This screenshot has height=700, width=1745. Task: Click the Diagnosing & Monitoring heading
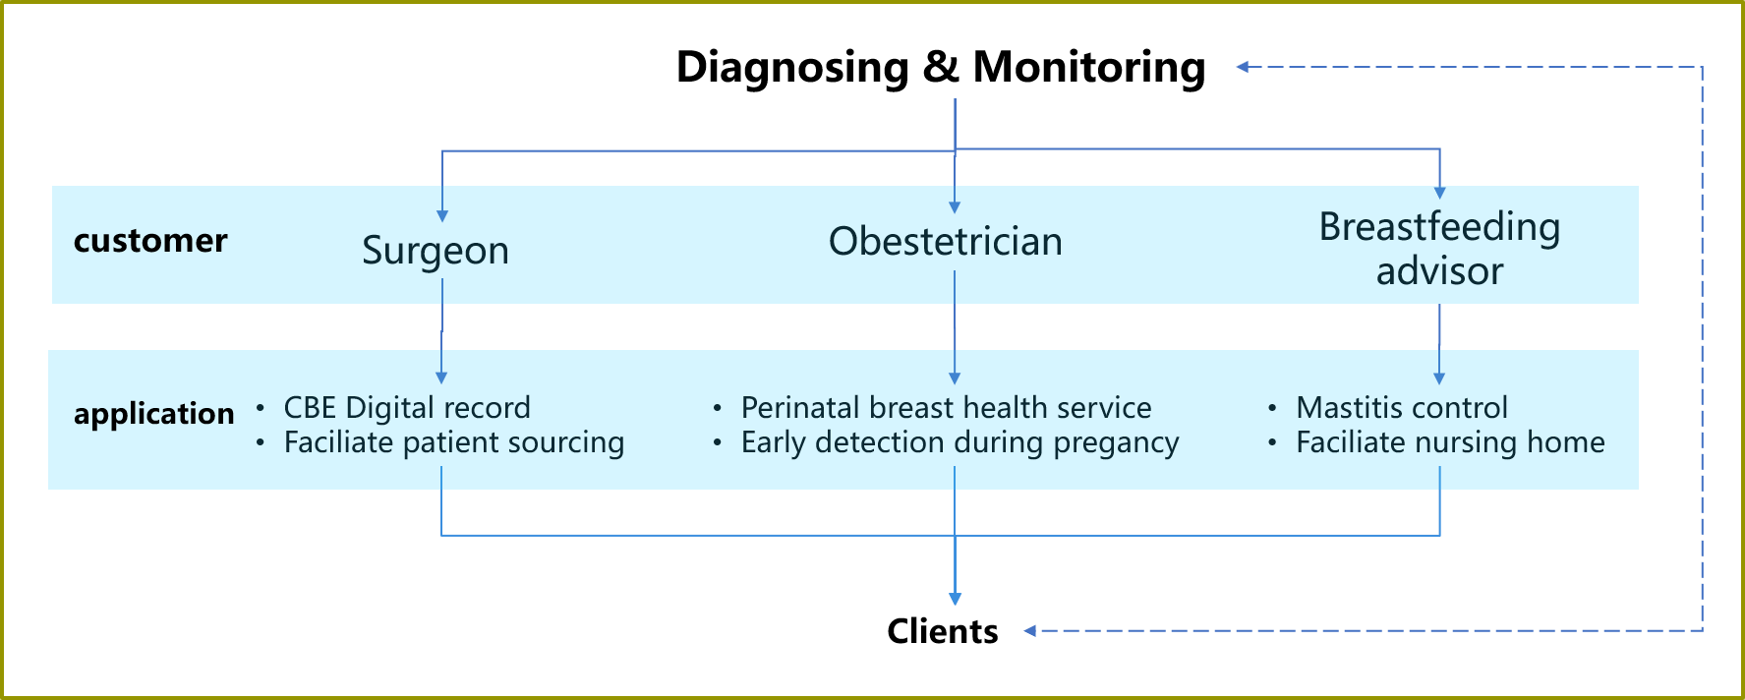(x=941, y=68)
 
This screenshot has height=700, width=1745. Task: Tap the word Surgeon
(x=436, y=251)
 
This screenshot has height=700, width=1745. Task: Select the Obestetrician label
(x=946, y=242)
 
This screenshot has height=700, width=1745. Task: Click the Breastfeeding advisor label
(x=1439, y=249)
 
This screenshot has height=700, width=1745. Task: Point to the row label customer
(x=150, y=241)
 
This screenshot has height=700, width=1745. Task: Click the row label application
(x=154, y=414)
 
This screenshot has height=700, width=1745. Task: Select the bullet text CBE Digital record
(x=407, y=407)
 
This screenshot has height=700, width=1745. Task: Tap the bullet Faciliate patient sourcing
(x=454, y=442)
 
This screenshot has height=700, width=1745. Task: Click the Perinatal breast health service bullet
(x=946, y=407)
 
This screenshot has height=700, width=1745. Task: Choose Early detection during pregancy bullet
(x=960, y=442)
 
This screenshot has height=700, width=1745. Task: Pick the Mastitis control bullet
(x=1402, y=407)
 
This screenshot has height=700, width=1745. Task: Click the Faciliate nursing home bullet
(x=1450, y=442)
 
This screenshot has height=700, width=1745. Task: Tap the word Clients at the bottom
(x=942, y=631)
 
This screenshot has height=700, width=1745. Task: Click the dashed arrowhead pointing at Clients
(x=1030, y=631)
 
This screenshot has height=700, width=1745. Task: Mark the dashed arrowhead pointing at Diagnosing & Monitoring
(x=1243, y=67)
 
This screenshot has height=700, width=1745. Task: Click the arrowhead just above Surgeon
(x=442, y=216)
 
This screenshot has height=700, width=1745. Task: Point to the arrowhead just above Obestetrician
(x=955, y=207)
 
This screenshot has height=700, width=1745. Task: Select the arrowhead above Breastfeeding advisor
(x=1440, y=193)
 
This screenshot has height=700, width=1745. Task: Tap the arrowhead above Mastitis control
(x=1439, y=378)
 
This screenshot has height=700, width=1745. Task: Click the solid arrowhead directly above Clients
(x=955, y=599)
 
